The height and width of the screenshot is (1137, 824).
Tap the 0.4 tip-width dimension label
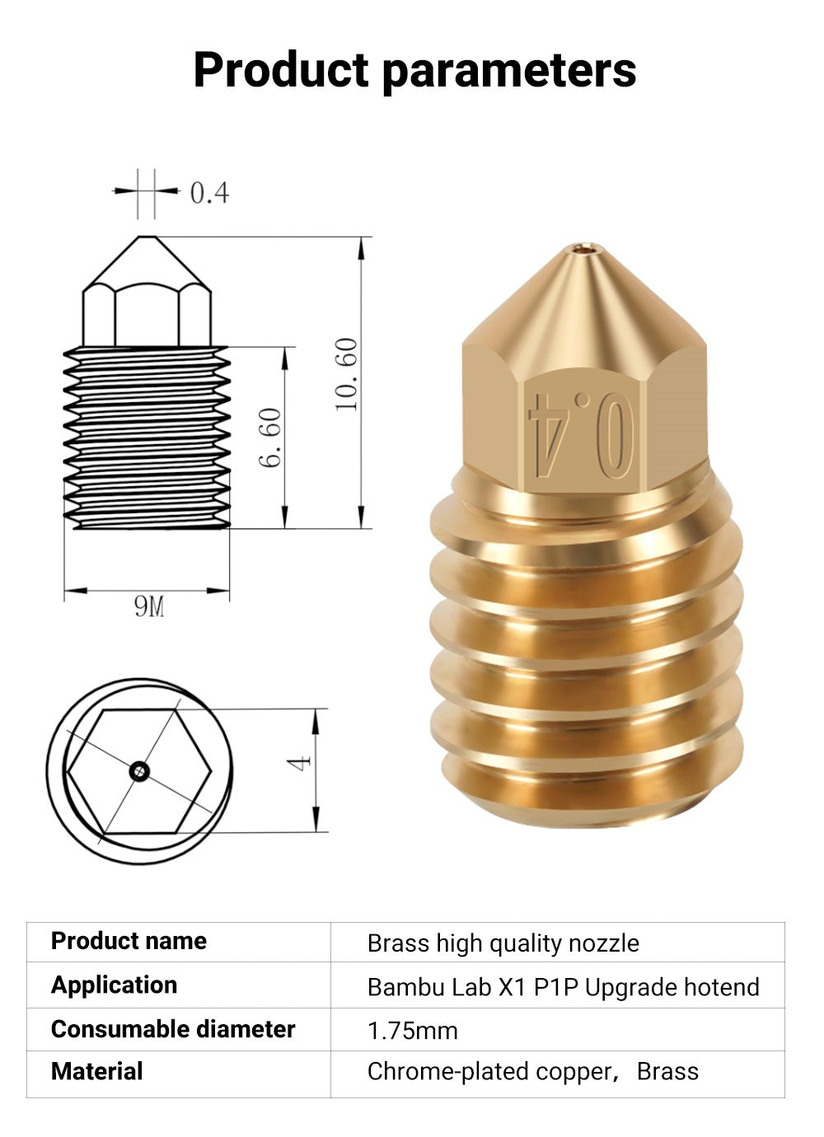[x=209, y=193]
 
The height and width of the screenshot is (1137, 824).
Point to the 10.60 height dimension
[x=347, y=374]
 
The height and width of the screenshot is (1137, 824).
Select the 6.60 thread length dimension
[x=271, y=437]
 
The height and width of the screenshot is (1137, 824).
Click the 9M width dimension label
[x=149, y=607]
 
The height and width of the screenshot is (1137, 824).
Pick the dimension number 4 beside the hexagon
[x=301, y=763]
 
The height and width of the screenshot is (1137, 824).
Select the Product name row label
[x=129, y=941]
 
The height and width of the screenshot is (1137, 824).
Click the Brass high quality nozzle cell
[x=503, y=943]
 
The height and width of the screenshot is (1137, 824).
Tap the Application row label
[x=114, y=985]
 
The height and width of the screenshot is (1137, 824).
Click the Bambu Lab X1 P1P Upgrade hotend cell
[x=563, y=987]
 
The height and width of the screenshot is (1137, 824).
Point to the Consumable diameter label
[x=173, y=1029]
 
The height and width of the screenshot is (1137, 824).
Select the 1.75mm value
[x=412, y=1031]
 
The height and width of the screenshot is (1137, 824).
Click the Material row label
[x=96, y=1071]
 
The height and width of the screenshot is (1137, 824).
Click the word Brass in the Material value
[x=667, y=1072]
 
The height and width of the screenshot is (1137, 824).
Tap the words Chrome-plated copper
[x=489, y=1072]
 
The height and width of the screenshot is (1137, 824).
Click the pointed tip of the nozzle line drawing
[x=146, y=236]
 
